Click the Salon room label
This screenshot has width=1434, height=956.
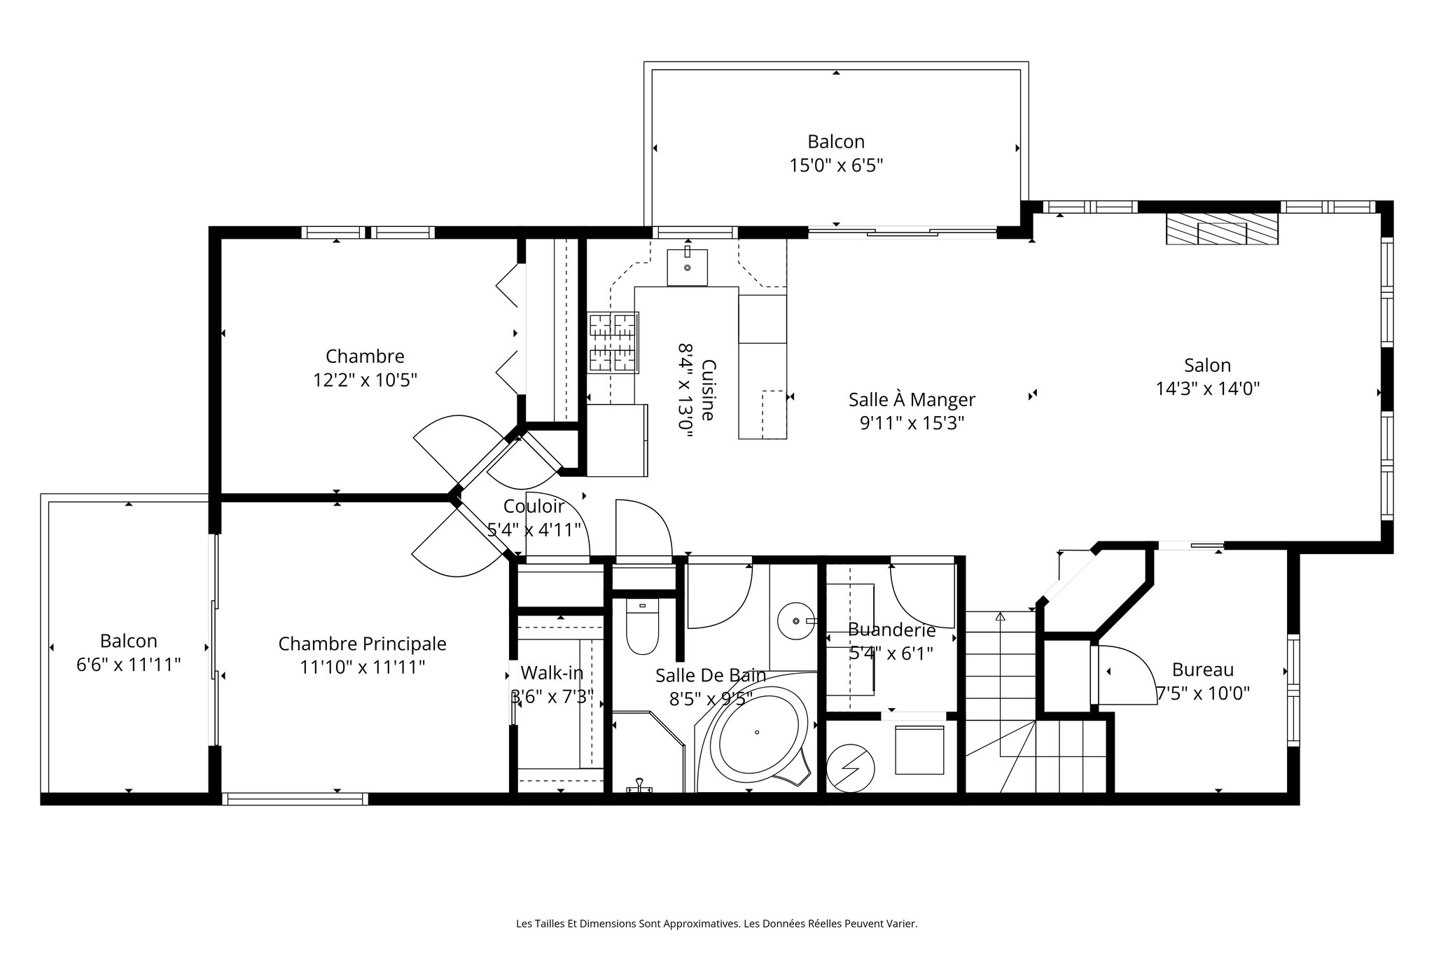tap(1207, 365)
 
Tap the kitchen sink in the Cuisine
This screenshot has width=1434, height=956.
tap(687, 267)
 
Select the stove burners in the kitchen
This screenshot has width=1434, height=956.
tap(613, 342)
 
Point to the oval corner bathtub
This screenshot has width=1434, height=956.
tap(758, 734)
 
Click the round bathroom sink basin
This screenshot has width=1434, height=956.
tap(796, 621)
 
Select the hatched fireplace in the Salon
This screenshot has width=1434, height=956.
tap(1222, 230)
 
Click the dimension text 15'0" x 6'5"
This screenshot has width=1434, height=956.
tap(836, 165)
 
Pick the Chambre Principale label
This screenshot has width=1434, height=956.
tap(362, 644)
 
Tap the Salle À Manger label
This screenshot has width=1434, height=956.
tap(912, 400)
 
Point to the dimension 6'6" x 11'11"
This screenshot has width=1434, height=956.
tap(129, 665)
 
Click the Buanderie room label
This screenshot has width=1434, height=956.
tap(891, 630)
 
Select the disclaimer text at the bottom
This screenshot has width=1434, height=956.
tap(716, 924)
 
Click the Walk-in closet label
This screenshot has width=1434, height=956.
tap(552, 673)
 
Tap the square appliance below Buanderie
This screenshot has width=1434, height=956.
tap(919, 750)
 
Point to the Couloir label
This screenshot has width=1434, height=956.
tap(534, 506)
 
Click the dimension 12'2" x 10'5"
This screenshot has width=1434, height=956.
tap(365, 380)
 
